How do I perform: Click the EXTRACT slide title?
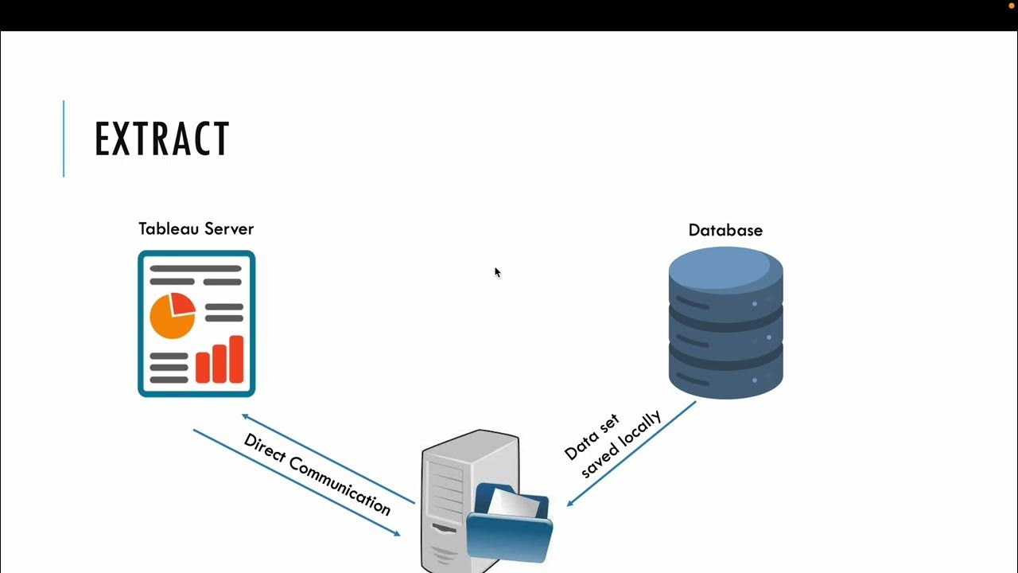tap(162, 139)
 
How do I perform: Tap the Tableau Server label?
tap(196, 229)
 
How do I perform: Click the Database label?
tap(725, 231)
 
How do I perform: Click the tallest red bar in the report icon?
tap(236, 359)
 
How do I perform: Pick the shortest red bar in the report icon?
tap(202, 368)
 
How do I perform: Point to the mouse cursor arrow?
tap(497, 272)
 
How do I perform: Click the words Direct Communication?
tap(317, 474)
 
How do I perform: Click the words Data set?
tap(591, 438)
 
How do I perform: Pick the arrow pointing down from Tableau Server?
tap(296, 482)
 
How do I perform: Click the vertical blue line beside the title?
tap(64, 138)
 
